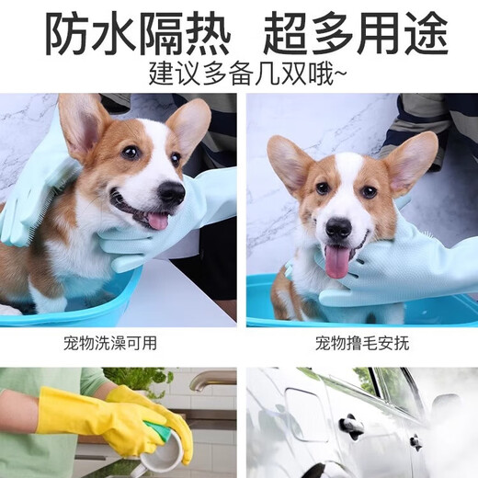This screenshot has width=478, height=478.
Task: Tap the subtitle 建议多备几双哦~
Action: coord(239,73)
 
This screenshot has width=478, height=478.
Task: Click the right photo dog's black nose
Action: coord(338,228)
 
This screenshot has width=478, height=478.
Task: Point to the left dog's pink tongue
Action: coord(157,221)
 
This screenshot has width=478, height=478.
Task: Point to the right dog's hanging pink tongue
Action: coord(337,262)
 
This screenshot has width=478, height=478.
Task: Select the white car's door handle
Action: coord(350,425)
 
